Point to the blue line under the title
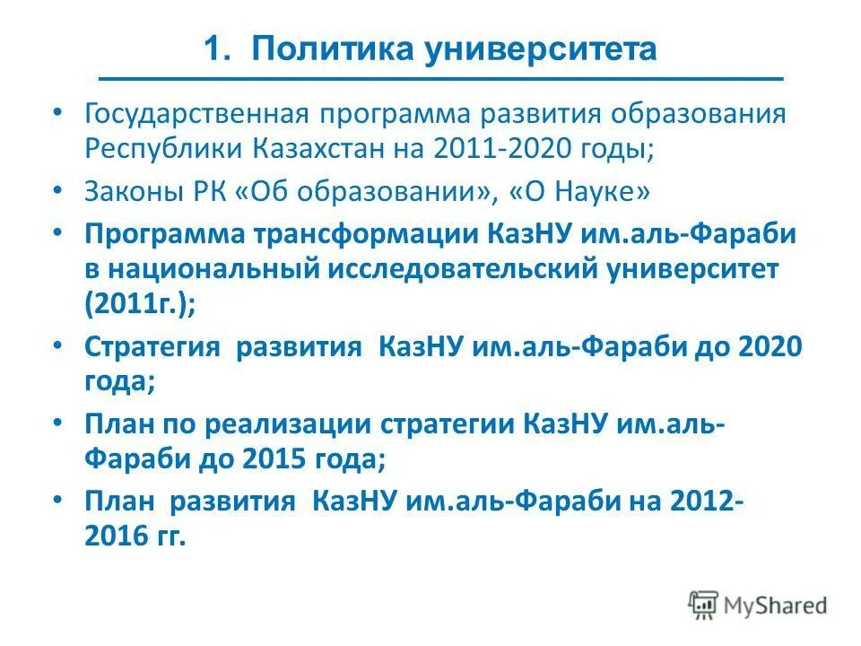pos(440,80)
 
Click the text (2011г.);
pos(140,302)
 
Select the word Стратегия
pos(152,346)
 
